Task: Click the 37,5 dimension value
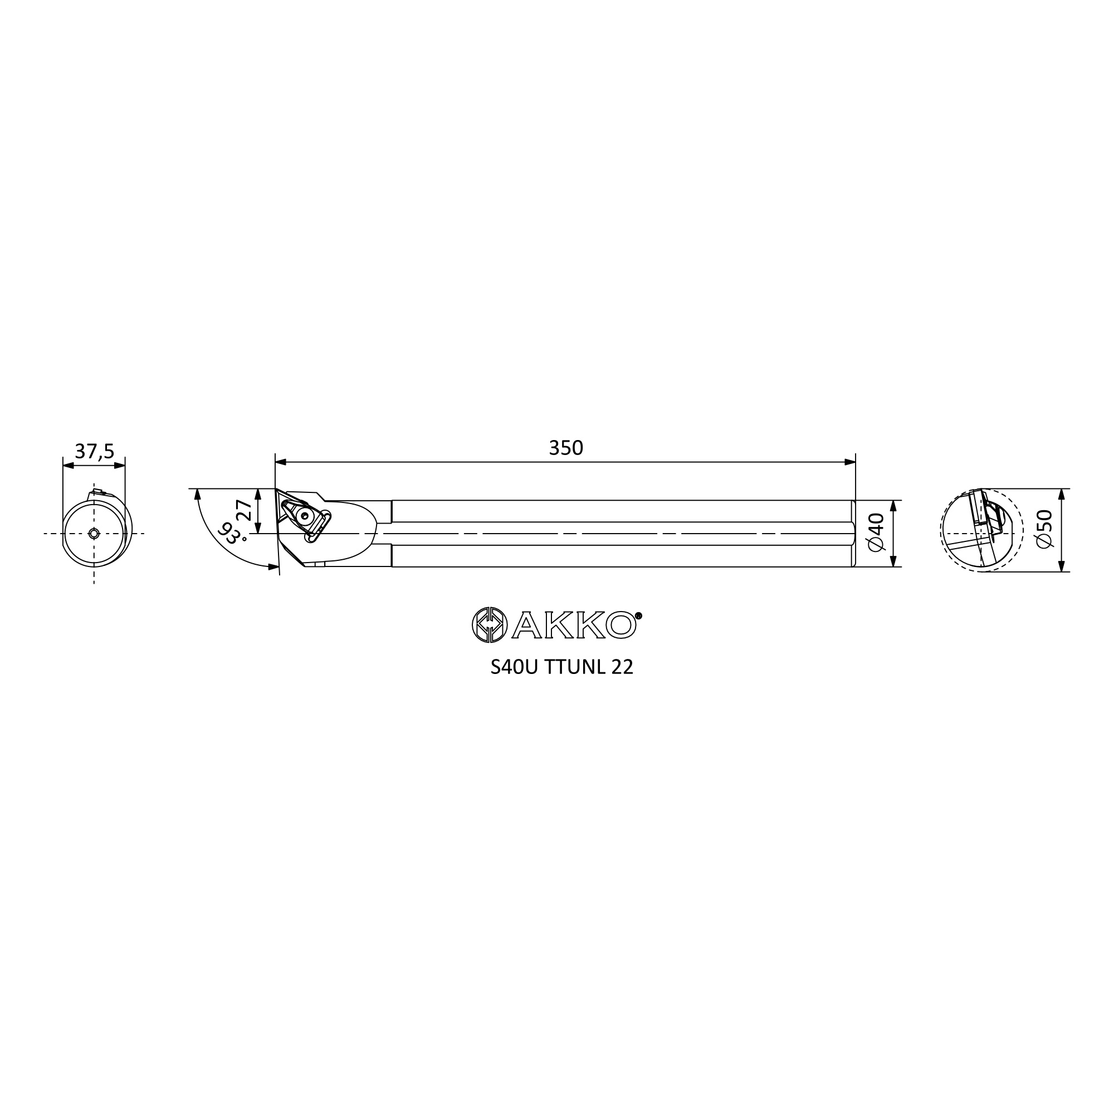[x=95, y=452]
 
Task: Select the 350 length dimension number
[x=566, y=448]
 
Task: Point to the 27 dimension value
[x=244, y=511]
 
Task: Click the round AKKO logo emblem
[x=490, y=624]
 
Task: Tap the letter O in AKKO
[x=620, y=625]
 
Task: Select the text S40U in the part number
[x=514, y=667]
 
